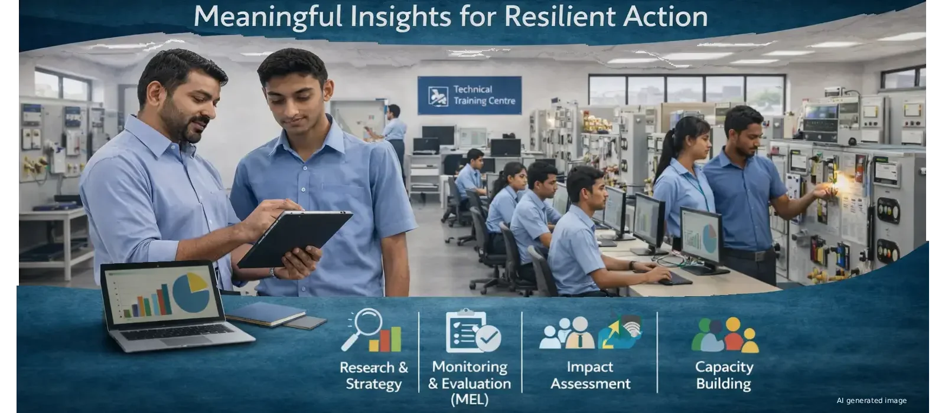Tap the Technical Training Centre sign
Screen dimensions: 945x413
[x=469, y=95]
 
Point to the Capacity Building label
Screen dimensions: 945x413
[x=724, y=375]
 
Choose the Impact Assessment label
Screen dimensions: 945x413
[x=590, y=375]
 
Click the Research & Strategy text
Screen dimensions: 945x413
[x=374, y=375]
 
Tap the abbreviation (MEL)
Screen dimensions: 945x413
[x=470, y=399]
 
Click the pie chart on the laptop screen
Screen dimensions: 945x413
[x=191, y=291]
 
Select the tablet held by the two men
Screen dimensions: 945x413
[x=295, y=238]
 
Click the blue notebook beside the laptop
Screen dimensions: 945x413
[x=266, y=313]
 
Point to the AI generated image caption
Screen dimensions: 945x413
[x=872, y=401]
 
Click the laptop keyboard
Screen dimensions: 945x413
[x=177, y=332]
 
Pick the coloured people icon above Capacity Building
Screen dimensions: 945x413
[x=725, y=335]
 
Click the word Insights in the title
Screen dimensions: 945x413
[x=400, y=18]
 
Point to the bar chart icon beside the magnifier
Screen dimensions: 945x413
[x=385, y=339]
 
